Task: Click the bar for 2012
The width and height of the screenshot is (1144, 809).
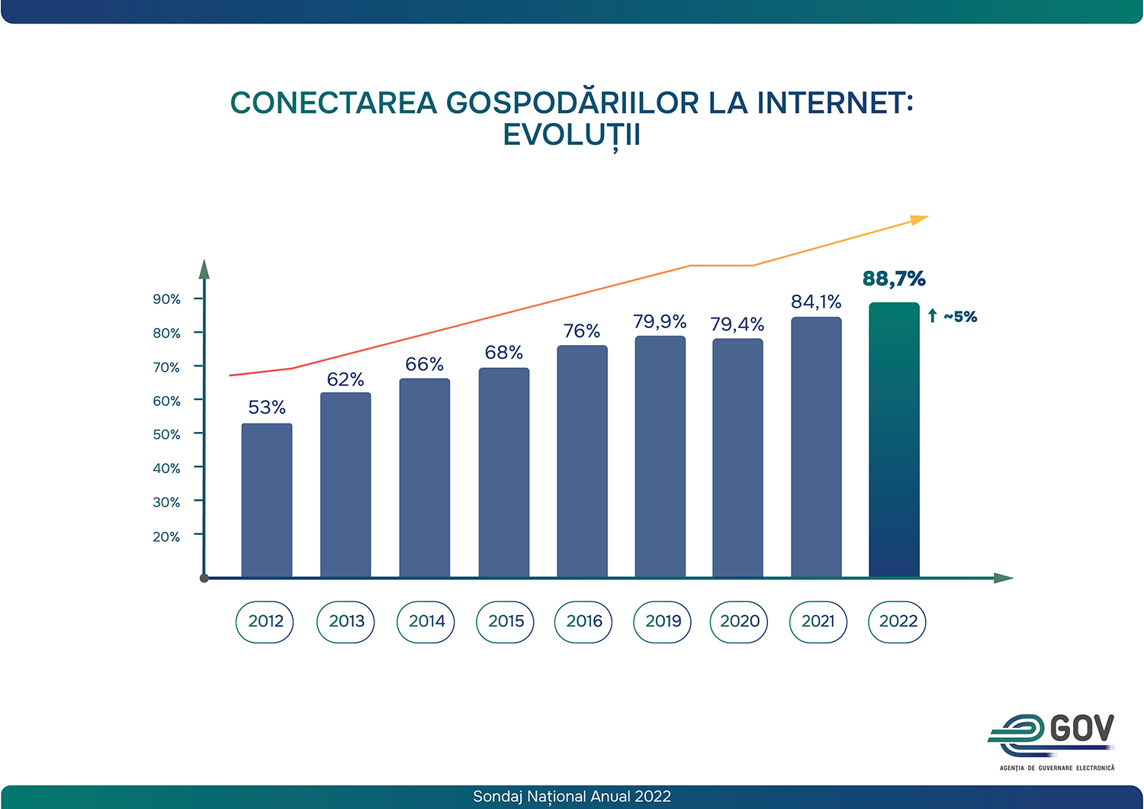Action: click(267, 500)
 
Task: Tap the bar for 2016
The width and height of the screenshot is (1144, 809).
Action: click(582, 461)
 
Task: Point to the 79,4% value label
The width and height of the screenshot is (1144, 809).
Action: click(737, 325)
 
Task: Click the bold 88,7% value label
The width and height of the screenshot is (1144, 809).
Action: click(894, 279)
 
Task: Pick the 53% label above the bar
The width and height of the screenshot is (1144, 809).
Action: click(267, 408)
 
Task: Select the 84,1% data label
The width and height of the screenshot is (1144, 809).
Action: click(816, 302)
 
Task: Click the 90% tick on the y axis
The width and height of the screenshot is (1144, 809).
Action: click(167, 299)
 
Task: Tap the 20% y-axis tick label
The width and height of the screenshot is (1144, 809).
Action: click(167, 537)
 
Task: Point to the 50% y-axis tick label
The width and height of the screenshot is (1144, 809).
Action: click(167, 434)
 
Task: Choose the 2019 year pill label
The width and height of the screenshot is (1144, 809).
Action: click(663, 621)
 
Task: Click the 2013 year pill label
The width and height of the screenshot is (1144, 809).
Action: click(346, 621)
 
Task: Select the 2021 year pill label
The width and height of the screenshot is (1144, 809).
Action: click(818, 621)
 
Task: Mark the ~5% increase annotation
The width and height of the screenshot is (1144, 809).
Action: click(953, 316)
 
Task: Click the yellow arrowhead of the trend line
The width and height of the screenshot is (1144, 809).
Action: click(919, 220)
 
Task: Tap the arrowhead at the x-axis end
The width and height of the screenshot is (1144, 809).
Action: click(1004, 579)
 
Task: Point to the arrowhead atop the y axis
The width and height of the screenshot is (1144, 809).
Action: click(204, 269)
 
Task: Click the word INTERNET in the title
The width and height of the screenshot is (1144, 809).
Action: click(834, 103)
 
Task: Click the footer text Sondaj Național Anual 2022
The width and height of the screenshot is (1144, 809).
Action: click(572, 797)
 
